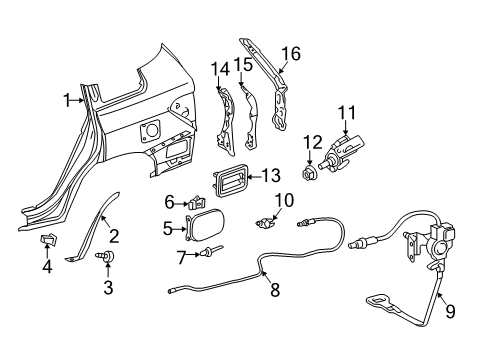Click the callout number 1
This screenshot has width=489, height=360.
[66, 99]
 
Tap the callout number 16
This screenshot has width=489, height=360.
[289, 53]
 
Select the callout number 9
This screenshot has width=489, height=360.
[449, 311]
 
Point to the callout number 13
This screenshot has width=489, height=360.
[270, 175]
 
